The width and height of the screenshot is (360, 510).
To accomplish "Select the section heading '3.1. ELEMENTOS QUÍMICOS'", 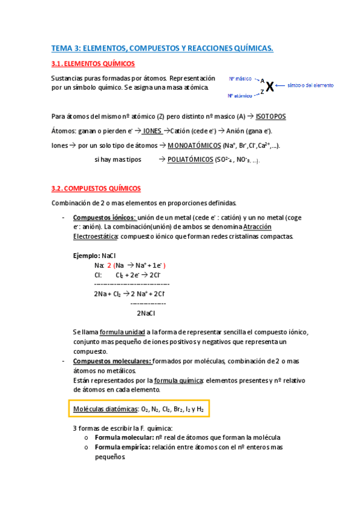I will (x=93, y=64).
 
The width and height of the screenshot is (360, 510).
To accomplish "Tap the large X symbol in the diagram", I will (x=270, y=87).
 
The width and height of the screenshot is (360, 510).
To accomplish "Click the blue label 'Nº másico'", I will (x=240, y=79).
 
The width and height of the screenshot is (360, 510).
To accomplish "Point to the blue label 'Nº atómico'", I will (x=240, y=96).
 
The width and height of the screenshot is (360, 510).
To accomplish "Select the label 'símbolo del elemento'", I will (x=311, y=85).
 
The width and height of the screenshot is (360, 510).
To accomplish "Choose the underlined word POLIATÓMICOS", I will (x=193, y=159).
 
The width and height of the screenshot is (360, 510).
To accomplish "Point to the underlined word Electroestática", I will (x=96, y=236).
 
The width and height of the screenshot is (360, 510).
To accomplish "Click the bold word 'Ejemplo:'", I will (x=87, y=256).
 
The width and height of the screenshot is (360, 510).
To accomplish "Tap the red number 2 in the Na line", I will (x=109, y=265).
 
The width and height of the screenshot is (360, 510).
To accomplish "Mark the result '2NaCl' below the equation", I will (x=146, y=313).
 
